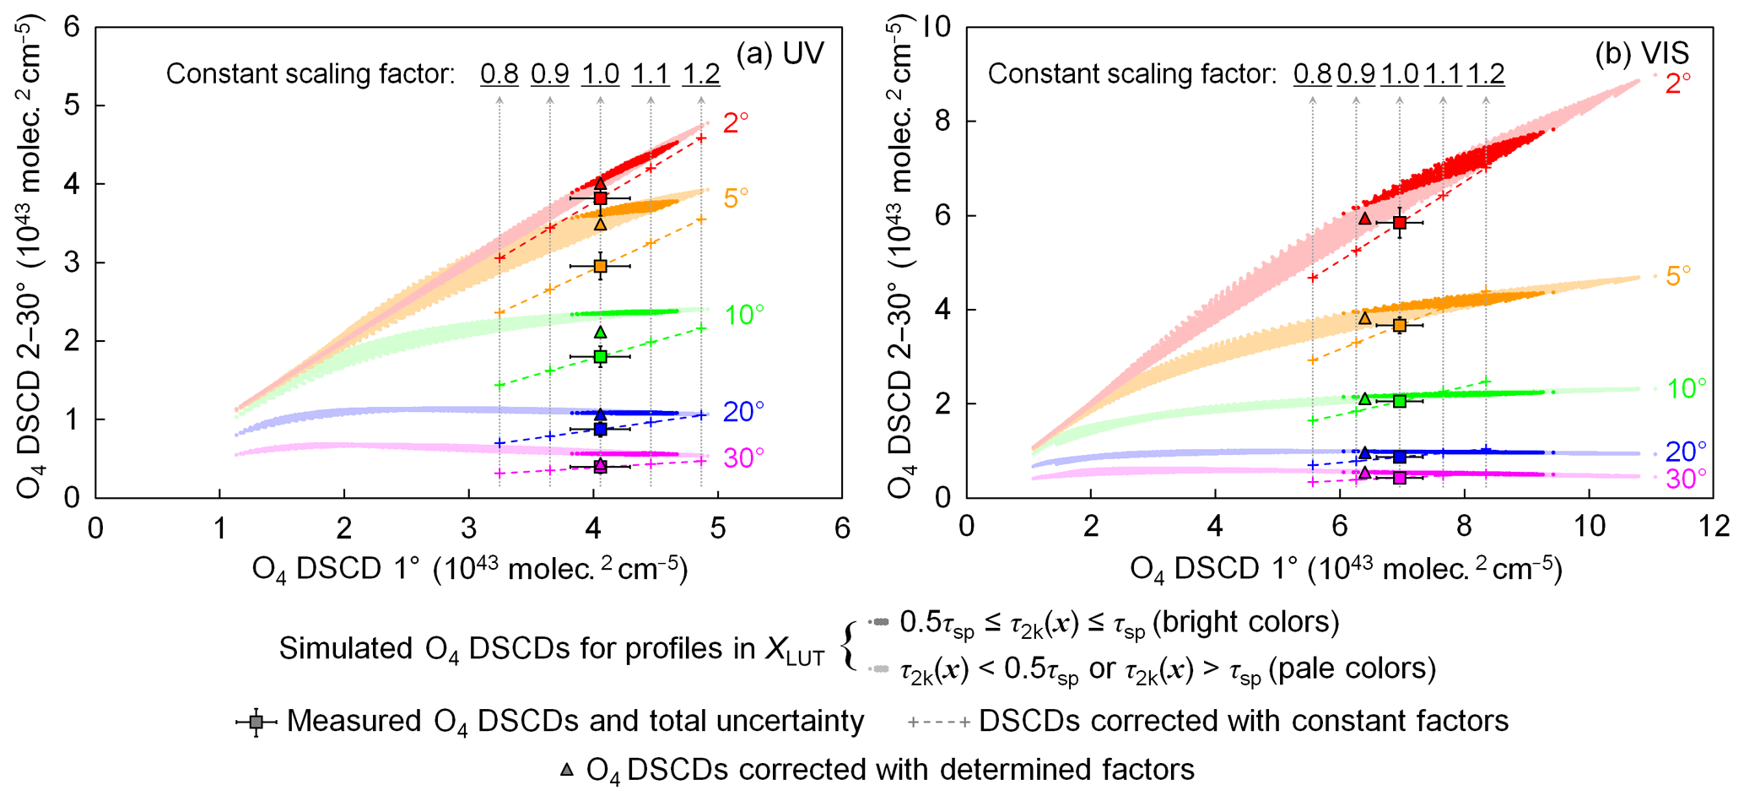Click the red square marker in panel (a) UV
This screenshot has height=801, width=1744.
(600, 198)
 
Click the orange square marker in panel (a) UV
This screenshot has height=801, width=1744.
(600, 266)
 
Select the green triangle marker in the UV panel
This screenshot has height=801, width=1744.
(600, 332)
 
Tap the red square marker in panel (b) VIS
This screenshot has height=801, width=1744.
(1400, 223)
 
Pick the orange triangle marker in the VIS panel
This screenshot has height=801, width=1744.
(1365, 318)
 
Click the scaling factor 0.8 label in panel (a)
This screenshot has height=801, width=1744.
(499, 74)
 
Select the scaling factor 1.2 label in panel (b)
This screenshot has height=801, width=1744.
(1486, 74)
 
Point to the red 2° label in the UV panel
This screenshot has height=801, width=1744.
(736, 123)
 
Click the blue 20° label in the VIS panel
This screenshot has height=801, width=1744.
(1686, 452)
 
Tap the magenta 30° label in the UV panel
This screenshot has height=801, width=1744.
(743, 458)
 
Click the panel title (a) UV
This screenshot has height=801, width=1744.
(780, 54)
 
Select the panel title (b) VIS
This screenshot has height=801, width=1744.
(1642, 54)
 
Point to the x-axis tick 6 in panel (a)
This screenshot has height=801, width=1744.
(841, 528)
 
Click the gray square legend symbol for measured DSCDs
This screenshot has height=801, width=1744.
(256, 722)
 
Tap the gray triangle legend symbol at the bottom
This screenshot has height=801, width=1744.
(568, 770)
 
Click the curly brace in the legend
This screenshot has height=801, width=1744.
(849, 647)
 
